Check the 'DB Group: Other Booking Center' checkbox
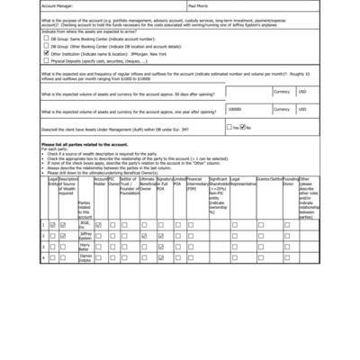click(x=46, y=46)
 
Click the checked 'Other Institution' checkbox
click(x=46, y=53)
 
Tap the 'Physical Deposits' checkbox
click(x=46, y=60)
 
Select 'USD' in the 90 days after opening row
click(x=302, y=91)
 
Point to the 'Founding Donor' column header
click(x=290, y=182)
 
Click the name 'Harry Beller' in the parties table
click(x=85, y=246)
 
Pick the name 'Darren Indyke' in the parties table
click(x=85, y=257)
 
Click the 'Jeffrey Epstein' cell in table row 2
click(x=85, y=235)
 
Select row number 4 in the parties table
click(x=43, y=257)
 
